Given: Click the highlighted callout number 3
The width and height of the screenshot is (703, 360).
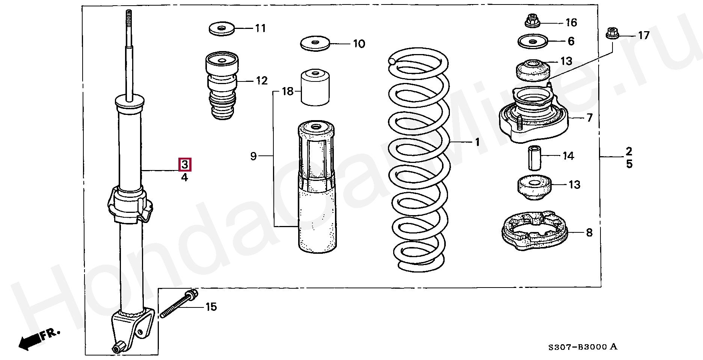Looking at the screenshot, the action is (185, 164).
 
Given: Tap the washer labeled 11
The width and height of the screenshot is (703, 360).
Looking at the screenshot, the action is (222, 29).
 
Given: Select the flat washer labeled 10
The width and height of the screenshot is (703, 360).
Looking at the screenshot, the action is (315, 43).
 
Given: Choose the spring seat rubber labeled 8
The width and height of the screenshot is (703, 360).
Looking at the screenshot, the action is (534, 231).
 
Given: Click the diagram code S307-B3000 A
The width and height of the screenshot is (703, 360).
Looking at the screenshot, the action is (582, 347).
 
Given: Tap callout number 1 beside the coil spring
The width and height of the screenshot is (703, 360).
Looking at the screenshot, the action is (477, 142).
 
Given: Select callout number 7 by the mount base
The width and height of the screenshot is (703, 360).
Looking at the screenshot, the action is (589, 118).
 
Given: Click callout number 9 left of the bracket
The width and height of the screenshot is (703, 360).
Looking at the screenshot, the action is (253, 156).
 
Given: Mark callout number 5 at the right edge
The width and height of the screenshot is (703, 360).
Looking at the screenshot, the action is (629, 164).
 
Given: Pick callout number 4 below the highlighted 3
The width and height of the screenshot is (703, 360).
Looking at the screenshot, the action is (184, 177).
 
